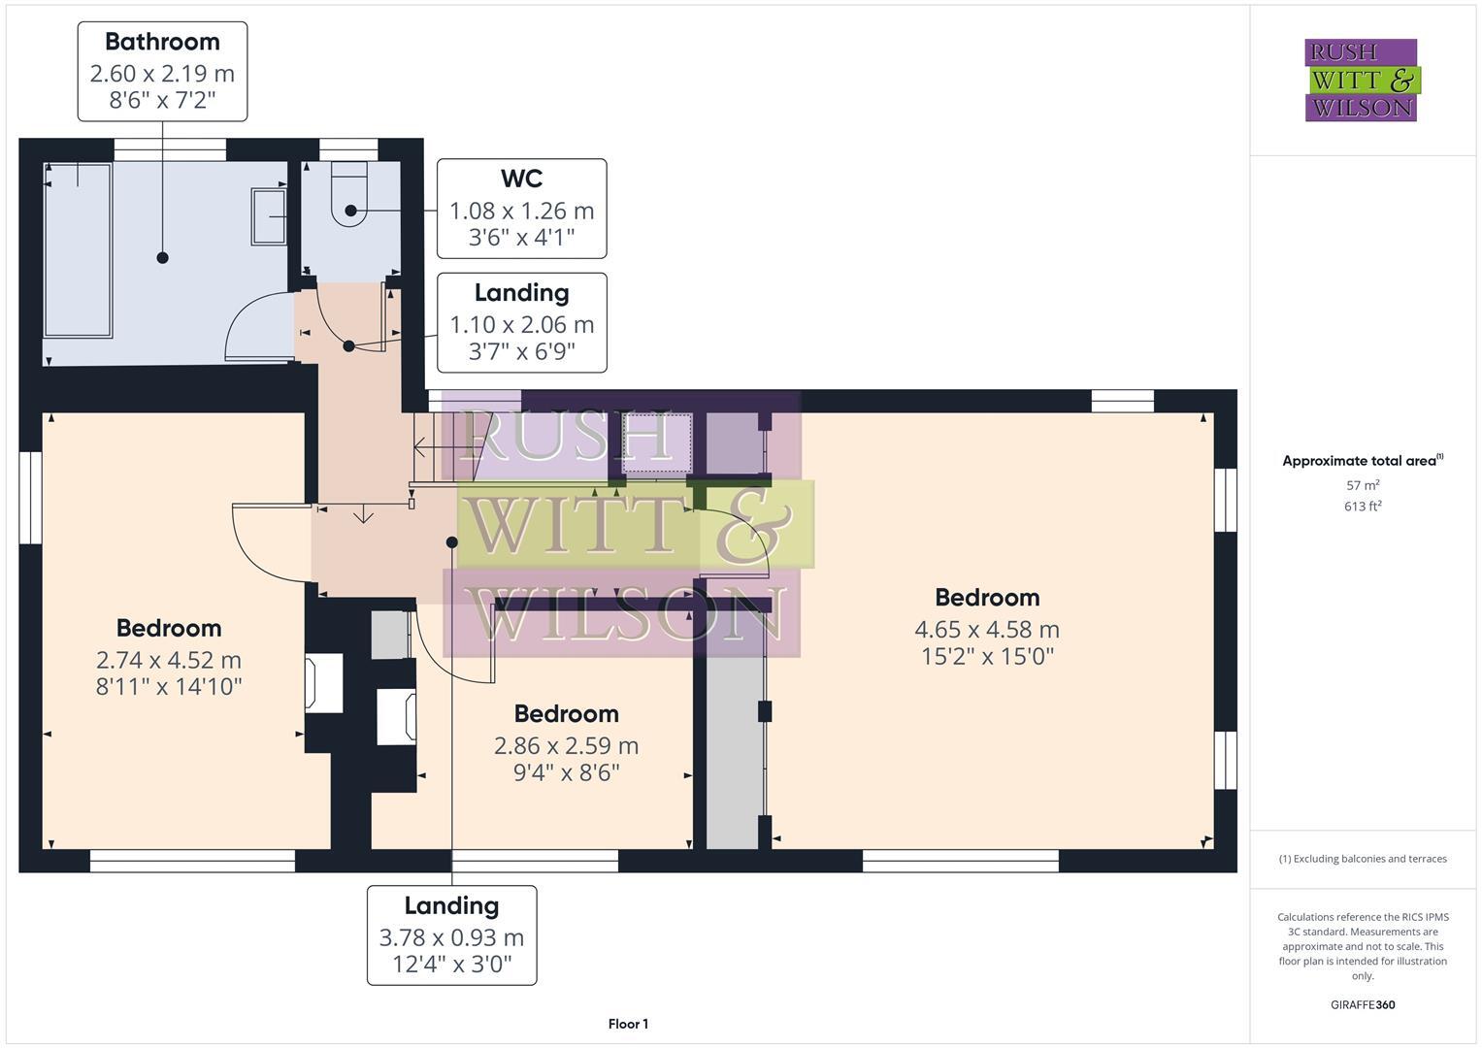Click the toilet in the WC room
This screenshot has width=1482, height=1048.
pos(349,194)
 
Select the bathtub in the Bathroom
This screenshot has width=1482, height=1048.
pos(78,249)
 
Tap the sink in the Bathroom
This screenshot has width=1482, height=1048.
pos(269,216)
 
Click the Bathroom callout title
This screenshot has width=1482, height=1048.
pos(162,42)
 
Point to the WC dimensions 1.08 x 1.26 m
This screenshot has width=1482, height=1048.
pos(521,211)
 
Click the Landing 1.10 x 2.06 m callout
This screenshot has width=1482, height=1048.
pos(521,322)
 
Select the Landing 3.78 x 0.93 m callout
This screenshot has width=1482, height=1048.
pos(451,935)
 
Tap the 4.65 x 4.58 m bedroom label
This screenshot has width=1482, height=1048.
pos(987,629)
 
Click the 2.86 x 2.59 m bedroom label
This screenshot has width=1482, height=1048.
pos(566,745)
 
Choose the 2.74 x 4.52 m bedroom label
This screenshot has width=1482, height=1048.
pos(169,660)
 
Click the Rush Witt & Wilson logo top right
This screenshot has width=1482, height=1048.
pos(1361,81)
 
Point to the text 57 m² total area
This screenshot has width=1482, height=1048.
pos(1363,485)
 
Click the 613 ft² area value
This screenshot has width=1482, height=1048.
pos(1363,506)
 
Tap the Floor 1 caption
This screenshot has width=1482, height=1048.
pos(628,1024)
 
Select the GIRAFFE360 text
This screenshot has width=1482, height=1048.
pos(1363,1004)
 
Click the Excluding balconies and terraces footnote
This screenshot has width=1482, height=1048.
pos(1363,859)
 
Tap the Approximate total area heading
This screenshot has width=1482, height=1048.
pos(1363,461)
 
